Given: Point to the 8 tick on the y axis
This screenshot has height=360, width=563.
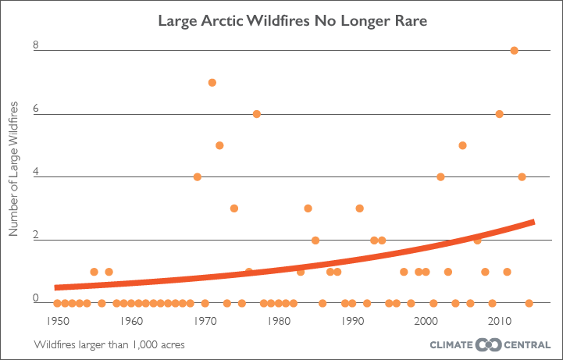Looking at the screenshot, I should (36, 46).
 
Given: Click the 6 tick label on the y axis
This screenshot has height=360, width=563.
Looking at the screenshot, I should (36, 109).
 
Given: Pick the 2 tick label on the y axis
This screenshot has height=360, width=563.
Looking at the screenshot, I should (36, 235).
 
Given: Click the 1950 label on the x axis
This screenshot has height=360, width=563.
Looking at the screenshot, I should (57, 320).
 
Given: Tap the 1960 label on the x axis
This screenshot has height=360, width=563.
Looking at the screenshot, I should (130, 320).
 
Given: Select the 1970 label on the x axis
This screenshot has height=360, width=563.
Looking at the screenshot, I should (205, 320).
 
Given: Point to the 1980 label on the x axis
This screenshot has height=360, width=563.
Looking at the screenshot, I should (278, 320).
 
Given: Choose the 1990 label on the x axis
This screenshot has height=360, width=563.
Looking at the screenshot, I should (351, 320).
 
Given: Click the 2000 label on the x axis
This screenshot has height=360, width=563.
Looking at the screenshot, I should (426, 320).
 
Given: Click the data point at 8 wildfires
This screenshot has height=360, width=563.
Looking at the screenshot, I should (514, 51).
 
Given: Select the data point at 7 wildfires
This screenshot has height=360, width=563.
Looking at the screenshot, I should (212, 82).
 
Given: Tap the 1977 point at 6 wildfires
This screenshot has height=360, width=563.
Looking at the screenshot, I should (256, 114).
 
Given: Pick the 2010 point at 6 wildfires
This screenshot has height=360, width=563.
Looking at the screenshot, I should (500, 114).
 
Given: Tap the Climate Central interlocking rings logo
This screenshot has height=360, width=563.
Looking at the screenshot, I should (487, 344).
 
